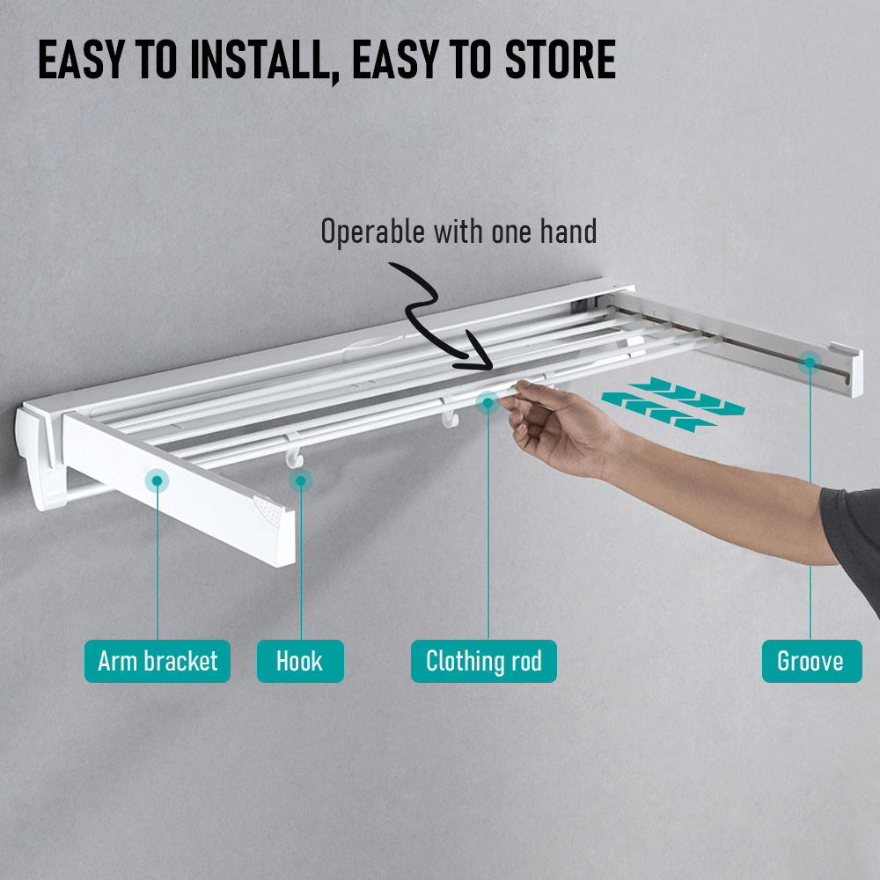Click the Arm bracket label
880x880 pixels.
point(158,661)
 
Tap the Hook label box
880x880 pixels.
point(300,661)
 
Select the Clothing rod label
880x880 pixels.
point(483,661)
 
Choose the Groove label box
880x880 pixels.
point(810,661)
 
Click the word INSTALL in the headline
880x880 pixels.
point(248,62)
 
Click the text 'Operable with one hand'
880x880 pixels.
point(458,232)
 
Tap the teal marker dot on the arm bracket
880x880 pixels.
point(158,480)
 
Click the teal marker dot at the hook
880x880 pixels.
point(301,480)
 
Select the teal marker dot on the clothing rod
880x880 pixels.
point(488,403)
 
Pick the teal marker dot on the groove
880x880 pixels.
point(810,362)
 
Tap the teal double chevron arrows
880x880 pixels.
point(673,403)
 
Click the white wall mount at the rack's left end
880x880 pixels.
point(39,458)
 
